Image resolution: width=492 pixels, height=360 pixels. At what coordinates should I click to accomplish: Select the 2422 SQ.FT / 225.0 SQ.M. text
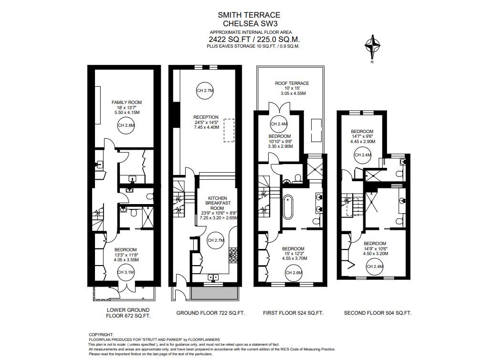(254, 40)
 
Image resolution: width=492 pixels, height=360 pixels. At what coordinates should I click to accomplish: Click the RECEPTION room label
(206, 117)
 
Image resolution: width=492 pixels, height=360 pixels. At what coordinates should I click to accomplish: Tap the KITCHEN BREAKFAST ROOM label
(217, 203)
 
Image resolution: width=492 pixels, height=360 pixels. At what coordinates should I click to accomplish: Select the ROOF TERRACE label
(292, 83)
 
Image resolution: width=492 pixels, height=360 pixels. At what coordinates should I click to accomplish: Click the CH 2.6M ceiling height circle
(293, 273)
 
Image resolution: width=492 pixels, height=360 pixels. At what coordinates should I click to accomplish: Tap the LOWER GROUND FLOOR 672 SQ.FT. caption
(128, 313)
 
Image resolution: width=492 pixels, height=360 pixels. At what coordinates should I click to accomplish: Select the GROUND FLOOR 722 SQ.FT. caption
(210, 313)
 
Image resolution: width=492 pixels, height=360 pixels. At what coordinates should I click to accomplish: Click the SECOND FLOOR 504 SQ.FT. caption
(377, 313)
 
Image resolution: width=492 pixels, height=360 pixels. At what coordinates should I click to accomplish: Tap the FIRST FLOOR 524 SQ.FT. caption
(293, 313)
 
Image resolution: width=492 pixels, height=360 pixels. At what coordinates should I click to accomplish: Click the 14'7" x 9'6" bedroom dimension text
(362, 136)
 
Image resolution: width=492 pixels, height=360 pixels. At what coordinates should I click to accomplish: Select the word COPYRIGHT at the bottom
(101, 335)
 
